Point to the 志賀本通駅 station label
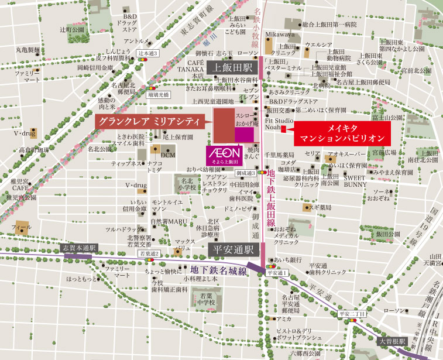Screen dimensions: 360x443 78,248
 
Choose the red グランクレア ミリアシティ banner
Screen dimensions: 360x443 150,122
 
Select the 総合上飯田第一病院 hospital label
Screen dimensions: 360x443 329,25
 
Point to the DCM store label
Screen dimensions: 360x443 167,155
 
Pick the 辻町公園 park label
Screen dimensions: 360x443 71,29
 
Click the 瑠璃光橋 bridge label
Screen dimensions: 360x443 158,93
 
